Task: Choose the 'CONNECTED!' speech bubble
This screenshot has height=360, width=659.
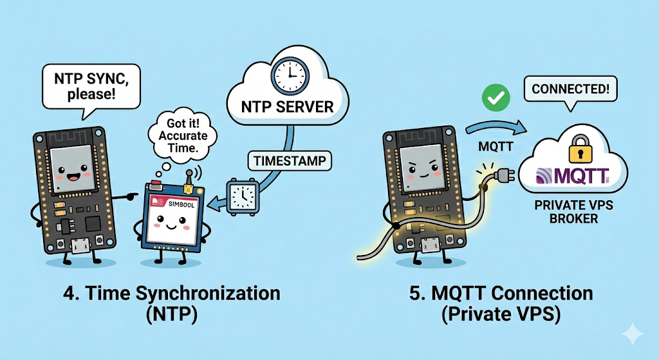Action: point(567,89)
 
